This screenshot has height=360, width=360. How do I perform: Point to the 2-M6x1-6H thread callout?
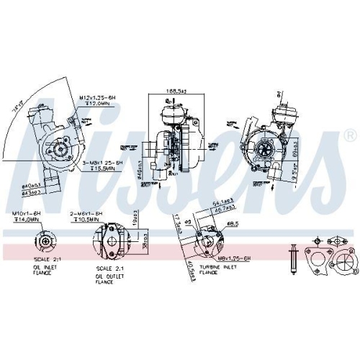click(x=87, y=214)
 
